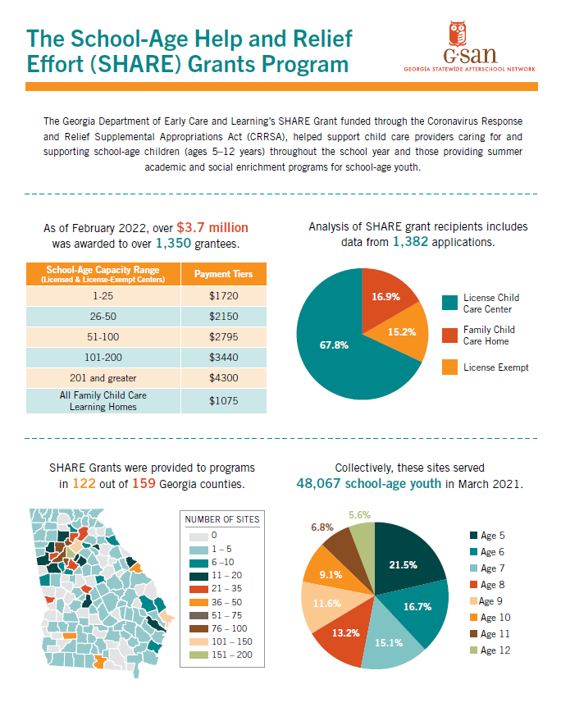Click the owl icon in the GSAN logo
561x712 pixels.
458,33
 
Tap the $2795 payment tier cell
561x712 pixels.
223,337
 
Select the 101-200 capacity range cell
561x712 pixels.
103,358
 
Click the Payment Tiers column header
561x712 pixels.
223,274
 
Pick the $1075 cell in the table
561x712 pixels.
223,401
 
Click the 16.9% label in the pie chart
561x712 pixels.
385,296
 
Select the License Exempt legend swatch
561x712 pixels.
449,367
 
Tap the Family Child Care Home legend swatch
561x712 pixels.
449,335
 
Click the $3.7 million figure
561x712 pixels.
212,227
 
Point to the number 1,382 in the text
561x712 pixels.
410,241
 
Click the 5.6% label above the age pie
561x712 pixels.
359,515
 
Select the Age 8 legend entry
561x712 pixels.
487,585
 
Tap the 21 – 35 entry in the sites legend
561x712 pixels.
216,588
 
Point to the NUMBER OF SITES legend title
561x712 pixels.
222,519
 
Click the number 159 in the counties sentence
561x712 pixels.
144,484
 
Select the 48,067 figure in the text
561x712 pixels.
318,483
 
